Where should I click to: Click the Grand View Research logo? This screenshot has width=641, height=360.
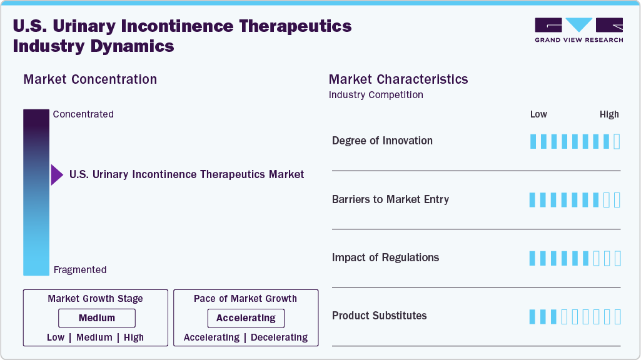(578, 30)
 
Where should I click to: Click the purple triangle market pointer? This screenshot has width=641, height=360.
(56, 175)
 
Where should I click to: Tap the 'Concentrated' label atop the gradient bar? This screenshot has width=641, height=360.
(83, 114)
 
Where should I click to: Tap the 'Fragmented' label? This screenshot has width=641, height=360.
(80, 270)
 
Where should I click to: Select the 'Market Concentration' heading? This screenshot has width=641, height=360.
(90, 79)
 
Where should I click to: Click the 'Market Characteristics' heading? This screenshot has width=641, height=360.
(398, 79)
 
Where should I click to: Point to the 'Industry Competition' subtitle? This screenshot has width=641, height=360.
(376, 95)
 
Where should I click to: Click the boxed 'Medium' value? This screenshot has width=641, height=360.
(96, 318)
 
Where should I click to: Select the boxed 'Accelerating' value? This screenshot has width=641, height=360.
(246, 318)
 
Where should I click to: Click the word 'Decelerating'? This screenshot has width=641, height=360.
(279, 337)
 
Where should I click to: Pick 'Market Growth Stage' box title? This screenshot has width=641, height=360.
(95, 299)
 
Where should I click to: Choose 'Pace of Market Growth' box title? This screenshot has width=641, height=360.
(245, 299)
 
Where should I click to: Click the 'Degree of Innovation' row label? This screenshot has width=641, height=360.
(382, 141)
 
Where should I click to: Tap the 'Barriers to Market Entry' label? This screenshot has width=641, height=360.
(390, 199)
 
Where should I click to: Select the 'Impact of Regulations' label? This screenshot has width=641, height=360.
(385, 257)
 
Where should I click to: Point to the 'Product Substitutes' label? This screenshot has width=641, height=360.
(379, 316)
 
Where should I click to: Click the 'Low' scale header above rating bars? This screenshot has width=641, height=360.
(538, 114)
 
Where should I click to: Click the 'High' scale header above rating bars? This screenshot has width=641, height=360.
(609, 114)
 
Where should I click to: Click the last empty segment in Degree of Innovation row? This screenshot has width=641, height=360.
(617, 141)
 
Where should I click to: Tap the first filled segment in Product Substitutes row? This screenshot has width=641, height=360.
(533, 316)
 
